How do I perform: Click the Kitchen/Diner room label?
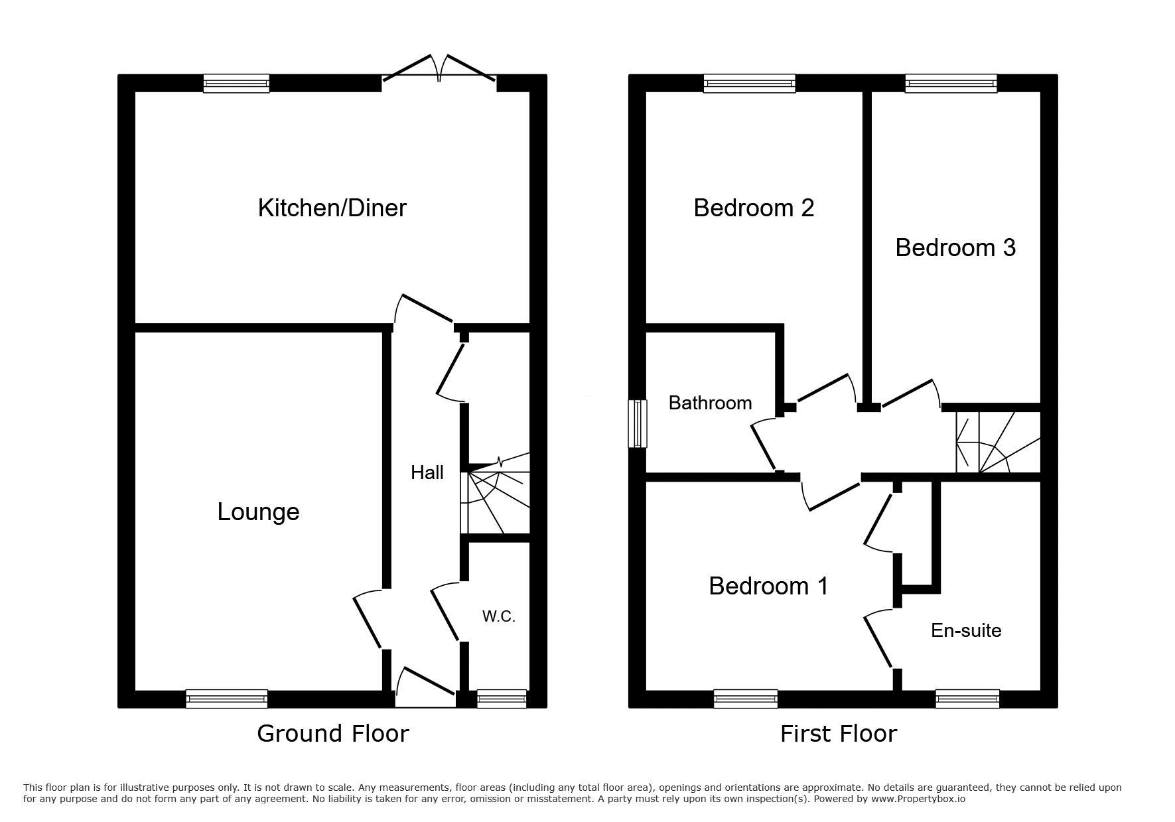pyautogui.click(x=332, y=208)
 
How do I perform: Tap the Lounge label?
pyautogui.click(x=258, y=512)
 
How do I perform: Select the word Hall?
pyautogui.click(x=427, y=472)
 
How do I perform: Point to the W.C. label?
pyautogui.click(x=499, y=616)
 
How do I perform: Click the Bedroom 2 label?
pyautogui.click(x=754, y=208)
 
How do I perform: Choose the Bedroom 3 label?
pyautogui.click(x=955, y=247)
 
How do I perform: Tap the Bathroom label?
pyautogui.click(x=710, y=403)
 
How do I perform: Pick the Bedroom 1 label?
pyautogui.click(x=768, y=586)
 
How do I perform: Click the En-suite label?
pyautogui.click(x=966, y=630)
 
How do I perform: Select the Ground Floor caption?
pyautogui.click(x=333, y=733)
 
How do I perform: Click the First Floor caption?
pyautogui.click(x=839, y=733)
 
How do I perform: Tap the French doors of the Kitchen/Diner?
pyautogui.click(x=439, y=72)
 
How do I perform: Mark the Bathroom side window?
pyautogui.click(x=638, y=423)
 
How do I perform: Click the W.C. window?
pyautogui.click(x=502, y=699)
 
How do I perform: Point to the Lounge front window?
pyautogui.click(x=226, y=699)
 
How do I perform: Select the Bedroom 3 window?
pyautogui.click(x=951, y=83)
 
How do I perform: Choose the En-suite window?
pyautogui.click(x=967, y=699)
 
